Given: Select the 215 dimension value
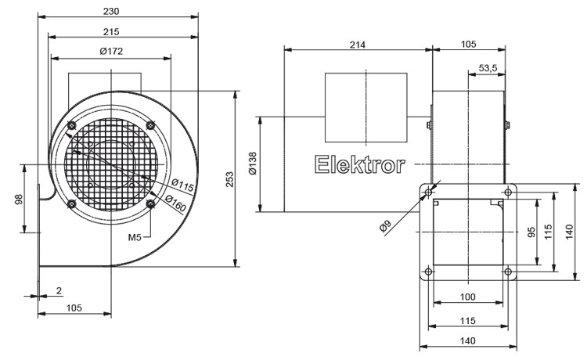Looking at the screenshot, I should [111, 31].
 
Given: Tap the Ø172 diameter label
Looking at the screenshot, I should [111, 51].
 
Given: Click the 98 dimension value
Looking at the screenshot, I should [17, 199].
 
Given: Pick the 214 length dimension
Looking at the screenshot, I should [357, 45].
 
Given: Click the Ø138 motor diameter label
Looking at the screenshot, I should [252, 164].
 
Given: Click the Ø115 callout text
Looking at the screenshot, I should [182, 186].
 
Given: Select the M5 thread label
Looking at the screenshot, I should [135, 237].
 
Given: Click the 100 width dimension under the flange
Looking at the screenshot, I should [467, 298].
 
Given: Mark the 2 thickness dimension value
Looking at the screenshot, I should [59, 291].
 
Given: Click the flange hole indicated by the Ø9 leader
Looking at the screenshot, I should [428, 190].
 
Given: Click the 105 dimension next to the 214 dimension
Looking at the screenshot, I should [468, 45].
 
